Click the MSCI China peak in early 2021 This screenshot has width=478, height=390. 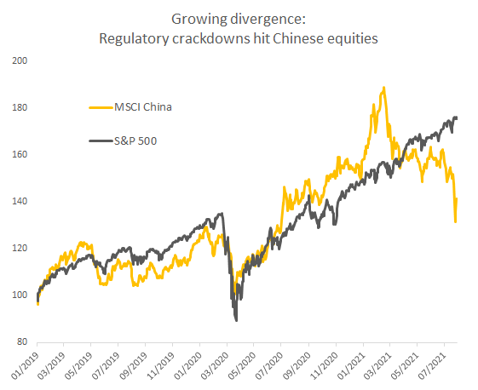pyautogui.click(x=384, y=88)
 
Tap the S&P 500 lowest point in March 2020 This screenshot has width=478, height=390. pyautogui.click(x=235, y=320)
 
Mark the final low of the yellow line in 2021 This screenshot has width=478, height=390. pyautogui.click(x=456, y=221)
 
